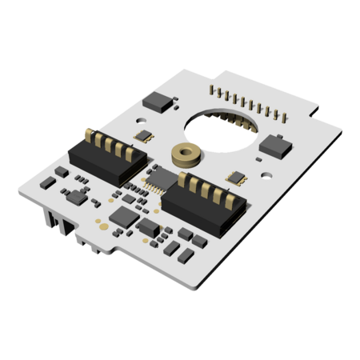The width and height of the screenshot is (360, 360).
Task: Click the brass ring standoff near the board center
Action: tap(187, 153)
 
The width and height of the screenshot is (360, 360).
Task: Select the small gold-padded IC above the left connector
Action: tap(145, 134)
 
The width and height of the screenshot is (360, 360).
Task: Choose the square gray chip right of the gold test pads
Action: tap(124, 215)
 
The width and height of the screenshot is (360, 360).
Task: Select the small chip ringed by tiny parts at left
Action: tap(77, 197)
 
